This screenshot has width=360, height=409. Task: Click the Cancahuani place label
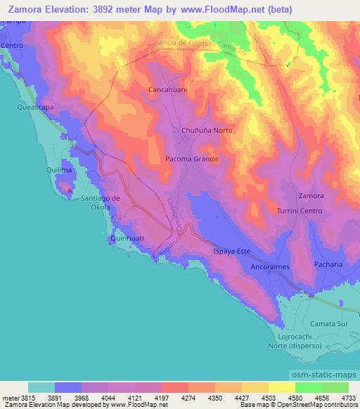(165, 91)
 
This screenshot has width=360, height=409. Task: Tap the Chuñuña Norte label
(206, 131)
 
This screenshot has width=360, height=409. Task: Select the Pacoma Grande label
(191, 160)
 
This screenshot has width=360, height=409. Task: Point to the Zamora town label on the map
(311, 195)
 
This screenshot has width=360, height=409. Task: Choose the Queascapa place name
(35, 108)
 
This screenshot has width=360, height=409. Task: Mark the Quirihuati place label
(127, 239)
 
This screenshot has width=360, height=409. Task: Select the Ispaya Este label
(231, 251)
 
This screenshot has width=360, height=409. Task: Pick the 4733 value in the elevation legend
(348, 397)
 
